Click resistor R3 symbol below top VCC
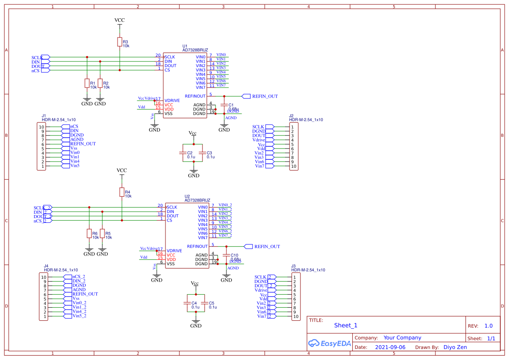tap(120, 42)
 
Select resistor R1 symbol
tap(87, 83)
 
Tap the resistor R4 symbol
tap(122, 192)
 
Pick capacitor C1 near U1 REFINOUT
tap(224, 105)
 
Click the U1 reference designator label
tap(185, 46)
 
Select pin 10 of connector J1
tap(42, 127)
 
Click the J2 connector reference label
tap(291, 116)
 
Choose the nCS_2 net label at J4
tap(78, 277)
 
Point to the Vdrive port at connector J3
tap(261, 290)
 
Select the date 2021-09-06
tap(390, 347)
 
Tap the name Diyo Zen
tap(455, 347)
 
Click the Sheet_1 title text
tap(346, 325)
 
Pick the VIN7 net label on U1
tap(221, 85)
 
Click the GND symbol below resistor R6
tap(89, 252)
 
